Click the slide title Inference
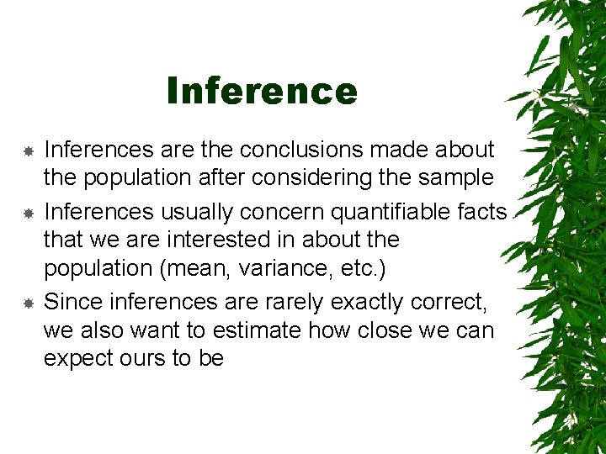[x=262, y=91]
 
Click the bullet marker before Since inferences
[x=28, y=302]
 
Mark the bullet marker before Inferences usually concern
[x=28, y=211]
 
